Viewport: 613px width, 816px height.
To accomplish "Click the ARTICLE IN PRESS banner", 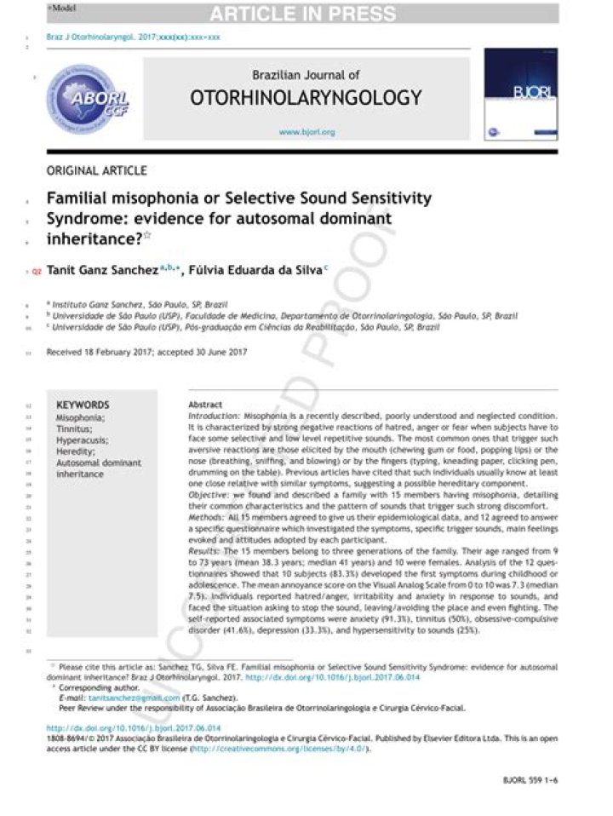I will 302,14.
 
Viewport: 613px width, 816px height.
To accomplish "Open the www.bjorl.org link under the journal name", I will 306,133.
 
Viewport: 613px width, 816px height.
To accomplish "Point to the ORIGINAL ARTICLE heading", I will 96,170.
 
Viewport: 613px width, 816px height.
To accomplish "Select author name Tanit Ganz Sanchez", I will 104,270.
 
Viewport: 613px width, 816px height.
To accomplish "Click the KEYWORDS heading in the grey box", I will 83,405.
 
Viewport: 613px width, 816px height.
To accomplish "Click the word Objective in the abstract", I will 210,494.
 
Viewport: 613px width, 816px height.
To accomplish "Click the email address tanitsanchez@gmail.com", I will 135,697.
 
